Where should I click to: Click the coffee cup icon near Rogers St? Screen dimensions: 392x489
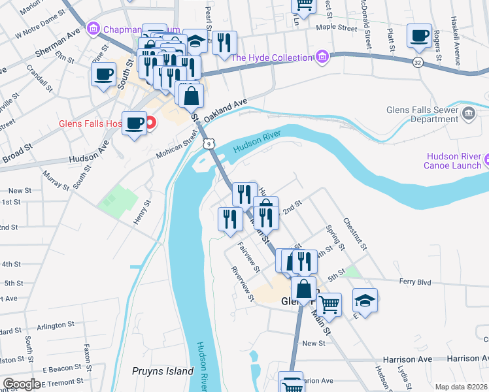tap(419, 35)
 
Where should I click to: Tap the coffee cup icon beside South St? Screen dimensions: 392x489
tap(103, 74)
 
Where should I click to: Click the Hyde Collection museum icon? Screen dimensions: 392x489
tap(321, 57)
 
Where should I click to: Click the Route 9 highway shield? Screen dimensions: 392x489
tap(208, 143)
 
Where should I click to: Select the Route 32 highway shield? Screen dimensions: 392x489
tap(416, 63)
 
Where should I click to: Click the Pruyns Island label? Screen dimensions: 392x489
tap(163, 371)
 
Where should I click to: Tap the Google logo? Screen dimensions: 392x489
tap(21, 384)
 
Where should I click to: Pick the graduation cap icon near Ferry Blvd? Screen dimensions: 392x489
tap(365, 300)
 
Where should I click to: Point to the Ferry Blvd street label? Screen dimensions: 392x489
tap(416, 282)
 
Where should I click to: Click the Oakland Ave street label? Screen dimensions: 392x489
tap(226, 109)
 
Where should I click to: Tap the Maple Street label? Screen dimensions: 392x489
tap(337, 28)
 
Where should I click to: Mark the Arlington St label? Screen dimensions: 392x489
tap(56, 325)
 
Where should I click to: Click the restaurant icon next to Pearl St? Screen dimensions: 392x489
tap(224, 43)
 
